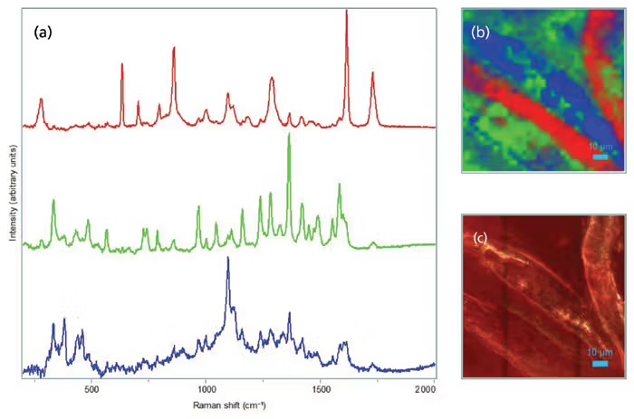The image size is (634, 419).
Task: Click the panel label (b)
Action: point(480,33)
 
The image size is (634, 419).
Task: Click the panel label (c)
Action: point(480,239)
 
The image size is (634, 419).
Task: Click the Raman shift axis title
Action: point(231,406)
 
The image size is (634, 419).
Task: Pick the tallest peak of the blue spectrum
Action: point(228,259)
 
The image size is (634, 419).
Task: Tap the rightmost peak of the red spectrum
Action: point(372,75)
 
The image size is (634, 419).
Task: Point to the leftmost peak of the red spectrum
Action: point(40,101)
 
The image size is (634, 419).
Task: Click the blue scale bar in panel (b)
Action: point(600,157)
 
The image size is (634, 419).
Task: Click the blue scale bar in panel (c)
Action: point(600,363)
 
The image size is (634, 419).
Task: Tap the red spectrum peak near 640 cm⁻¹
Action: point(122,65)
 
